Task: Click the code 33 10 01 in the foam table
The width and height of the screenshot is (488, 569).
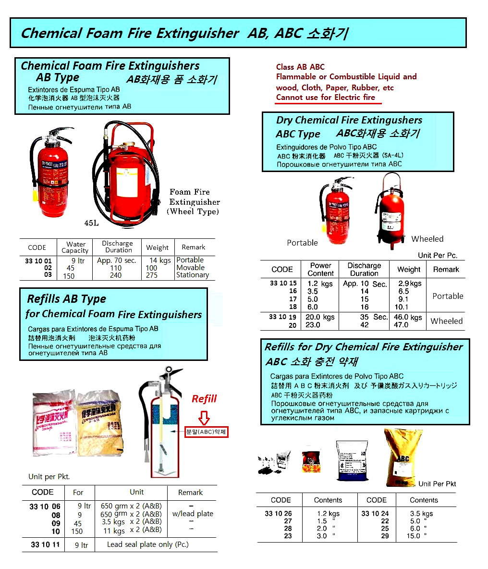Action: coord(38,261)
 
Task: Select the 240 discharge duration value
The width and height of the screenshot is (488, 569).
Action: coord(116,275)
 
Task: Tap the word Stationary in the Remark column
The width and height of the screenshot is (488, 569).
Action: coord(192,275)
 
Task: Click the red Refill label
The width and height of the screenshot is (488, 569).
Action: coord(204,399)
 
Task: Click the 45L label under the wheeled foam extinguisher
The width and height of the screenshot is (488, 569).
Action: coord(91,223)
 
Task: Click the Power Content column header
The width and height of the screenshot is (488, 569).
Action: coord(321,269)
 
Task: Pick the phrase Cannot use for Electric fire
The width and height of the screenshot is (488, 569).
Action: coord(325,97)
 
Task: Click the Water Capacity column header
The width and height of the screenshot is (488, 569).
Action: coord(75,247)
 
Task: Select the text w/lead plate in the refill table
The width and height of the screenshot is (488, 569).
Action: coord(193,514)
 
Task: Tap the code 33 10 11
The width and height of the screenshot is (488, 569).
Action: coord(45,544)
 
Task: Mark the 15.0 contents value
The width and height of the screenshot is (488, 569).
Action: coord(416,536)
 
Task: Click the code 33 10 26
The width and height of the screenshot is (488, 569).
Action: coord(278,513)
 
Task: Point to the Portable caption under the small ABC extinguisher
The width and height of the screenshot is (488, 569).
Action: coord(302,243)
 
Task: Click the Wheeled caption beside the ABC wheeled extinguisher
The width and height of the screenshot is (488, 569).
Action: coord(427,239)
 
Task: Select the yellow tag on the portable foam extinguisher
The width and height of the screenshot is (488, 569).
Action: coord(35,195)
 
